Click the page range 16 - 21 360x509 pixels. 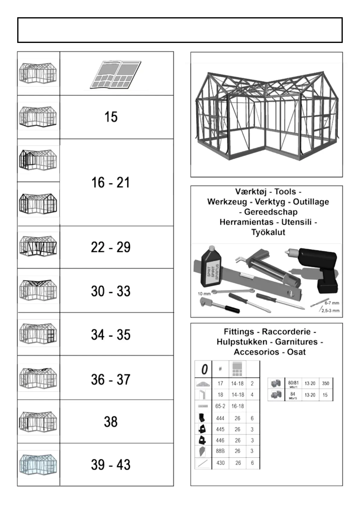pyautogui.click(x=111, y=183)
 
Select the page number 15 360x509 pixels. pyautogui.click(x=111, y=117)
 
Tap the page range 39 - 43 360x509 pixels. pyautogui.click(x=111, y=465)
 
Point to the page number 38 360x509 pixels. pyautogui.click(x=111, y=422)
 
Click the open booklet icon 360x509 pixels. pyautogui.click(x=116, y=75)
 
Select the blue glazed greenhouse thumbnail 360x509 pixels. pyautogui.click(x=38, y=464)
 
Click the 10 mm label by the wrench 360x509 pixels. pyautogui.click(x=204, y=293)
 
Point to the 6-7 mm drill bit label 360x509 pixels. pyautogui.click(x=332, y=303)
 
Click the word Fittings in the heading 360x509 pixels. pyautogui.click(x=239, y=332)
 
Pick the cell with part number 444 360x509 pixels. pyautogui.click(x=220, y=418)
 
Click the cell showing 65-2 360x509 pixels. pyautogui.click(x=220, y=406)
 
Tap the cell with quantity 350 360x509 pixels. pyautogui.click(x=326, y=383)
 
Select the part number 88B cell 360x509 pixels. pyautogui.click(x=220, y=451)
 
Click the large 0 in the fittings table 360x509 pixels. pyautogui.click(x=204, y=369)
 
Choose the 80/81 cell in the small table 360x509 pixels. pyautogui.click(x=293, y=384)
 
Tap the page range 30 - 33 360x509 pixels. pyautogui.click(x=111, y=291)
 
